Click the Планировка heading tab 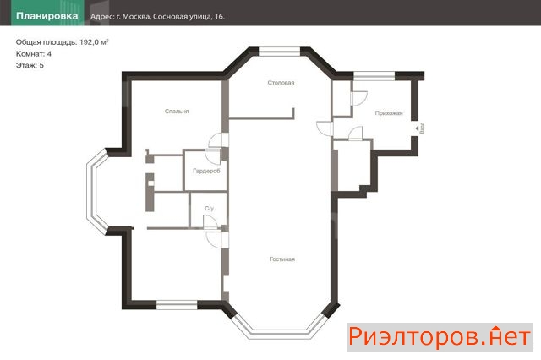[47, 16]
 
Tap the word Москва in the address [136, 17]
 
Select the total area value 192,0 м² [94, 42]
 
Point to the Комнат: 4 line [34, 54]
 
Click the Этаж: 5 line [30, 65]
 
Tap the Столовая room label [281, 83]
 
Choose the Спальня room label [177, 112]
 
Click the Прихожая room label [389, 113]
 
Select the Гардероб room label [206, 171]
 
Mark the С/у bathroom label [209, 208]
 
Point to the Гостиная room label [282, 259]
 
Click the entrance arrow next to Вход [417, 128]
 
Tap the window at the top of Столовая [280, 52]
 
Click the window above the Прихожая [374, 76]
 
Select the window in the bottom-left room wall [177, 305]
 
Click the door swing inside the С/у [210, 222]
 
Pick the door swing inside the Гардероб [213, 157]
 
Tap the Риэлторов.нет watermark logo [440, 337]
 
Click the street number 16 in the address [219, 17]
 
